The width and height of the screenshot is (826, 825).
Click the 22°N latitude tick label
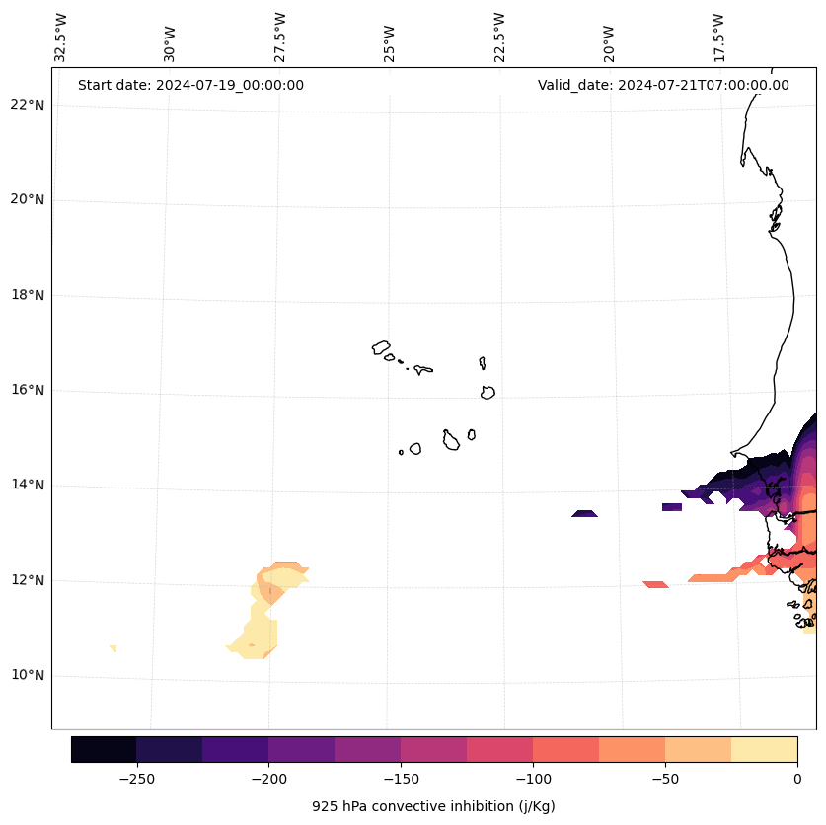point(27,105)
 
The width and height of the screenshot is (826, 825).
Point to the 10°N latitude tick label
point(27,675)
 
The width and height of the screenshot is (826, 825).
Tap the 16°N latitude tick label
point(27,390)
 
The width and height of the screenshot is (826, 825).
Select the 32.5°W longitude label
point(61,37)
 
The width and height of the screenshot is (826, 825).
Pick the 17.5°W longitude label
point(718,37)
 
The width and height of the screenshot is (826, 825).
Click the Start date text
point(190,85)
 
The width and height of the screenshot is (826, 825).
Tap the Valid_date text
point(663,85)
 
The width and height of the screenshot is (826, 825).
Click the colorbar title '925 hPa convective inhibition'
point(433,806)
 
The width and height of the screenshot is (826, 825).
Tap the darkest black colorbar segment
point(104,749)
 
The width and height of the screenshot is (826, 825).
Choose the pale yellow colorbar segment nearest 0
point(764,749)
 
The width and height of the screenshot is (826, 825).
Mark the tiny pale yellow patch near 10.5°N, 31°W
point(113,648)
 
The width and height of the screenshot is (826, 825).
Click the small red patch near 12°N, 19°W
point(655,584)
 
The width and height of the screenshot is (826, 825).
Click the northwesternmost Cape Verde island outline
point(381,347)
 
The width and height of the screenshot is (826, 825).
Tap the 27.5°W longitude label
point(280,37)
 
